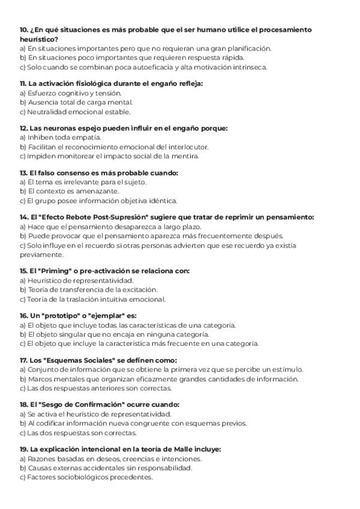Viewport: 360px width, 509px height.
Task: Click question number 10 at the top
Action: tap(23, 29)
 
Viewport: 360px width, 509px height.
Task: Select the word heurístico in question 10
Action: tap(39, 39)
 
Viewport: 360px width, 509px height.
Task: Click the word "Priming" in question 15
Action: tap(58, 271)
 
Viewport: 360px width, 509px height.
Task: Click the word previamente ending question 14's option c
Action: tap(40, 254)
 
